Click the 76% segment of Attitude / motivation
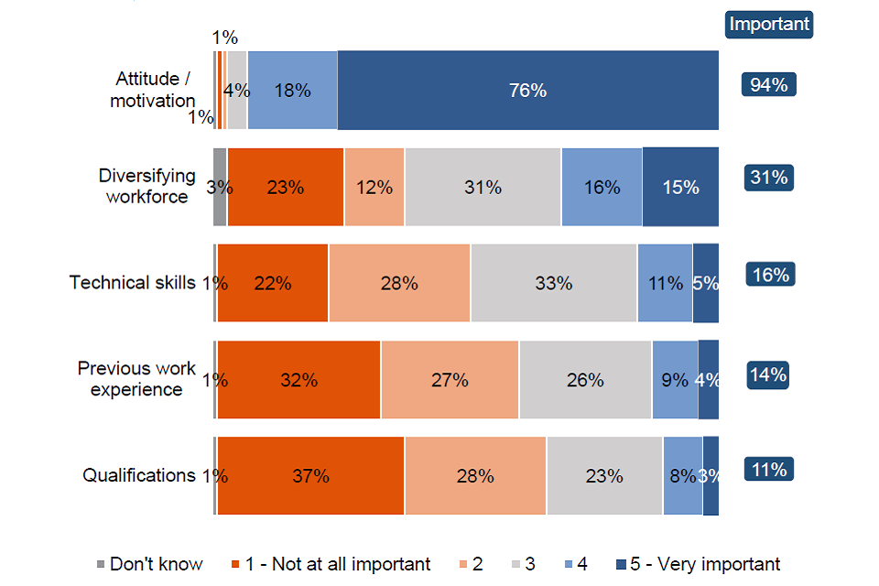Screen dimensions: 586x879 click(527, 91)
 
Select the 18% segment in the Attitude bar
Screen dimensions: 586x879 click(292, 91)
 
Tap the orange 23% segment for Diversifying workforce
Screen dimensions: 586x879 click(286, 187)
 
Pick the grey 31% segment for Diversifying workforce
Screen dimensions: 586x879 click(483, 187)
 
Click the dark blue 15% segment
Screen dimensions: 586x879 click(679, 187)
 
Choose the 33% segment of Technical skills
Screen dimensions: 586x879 click(553, 283)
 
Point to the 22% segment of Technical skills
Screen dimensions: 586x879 click(273, 283)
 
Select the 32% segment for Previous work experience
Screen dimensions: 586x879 click(298, 380)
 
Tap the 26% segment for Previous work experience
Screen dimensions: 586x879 click(585, 380)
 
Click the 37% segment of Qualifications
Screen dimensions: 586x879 click(310, 476)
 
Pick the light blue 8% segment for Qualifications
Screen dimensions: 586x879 click(682, 476)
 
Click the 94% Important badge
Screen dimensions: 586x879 click(768, 85)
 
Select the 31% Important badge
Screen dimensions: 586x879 click(768, 178)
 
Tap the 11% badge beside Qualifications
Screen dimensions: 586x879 click(768, 469)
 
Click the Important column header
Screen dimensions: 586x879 click(769, 25)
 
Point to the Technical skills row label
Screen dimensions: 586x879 click(133, 282)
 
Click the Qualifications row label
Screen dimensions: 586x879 click(139, 475)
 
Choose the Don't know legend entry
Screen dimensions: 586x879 click(149, 564)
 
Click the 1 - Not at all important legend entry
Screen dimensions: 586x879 click(337, 564)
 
